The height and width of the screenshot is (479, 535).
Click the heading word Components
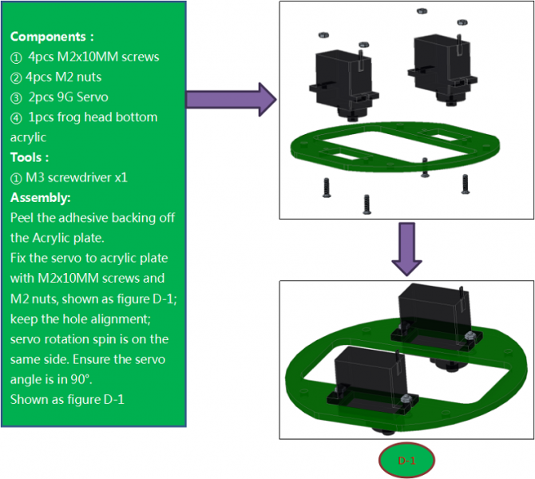[49, 37]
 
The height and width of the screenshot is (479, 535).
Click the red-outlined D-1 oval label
[406, 461]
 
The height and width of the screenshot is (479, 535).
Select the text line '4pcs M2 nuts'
[65, 77]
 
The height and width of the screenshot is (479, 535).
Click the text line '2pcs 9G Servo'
[68, 97]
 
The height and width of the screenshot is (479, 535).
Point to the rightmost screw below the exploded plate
[466, 184]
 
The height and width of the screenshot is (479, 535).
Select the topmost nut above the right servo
[422, 11]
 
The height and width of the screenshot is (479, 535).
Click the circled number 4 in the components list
[17, 117]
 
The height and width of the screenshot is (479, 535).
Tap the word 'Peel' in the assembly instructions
[22, 218]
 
